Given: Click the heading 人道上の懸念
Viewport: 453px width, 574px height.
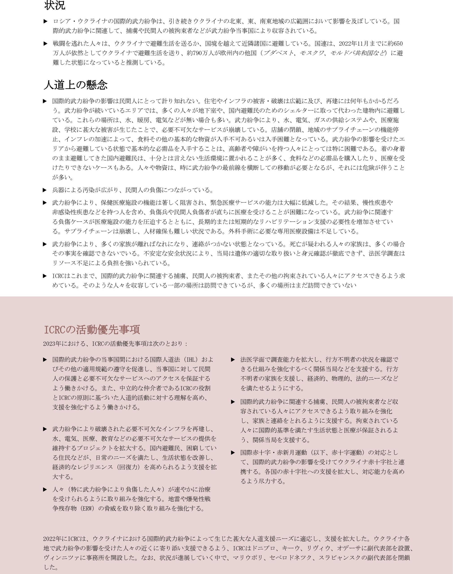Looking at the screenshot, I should pyautogui.click(x=75, y=85).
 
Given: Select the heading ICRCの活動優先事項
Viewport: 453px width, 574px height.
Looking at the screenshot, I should pyautogui.click(x=92, y=329).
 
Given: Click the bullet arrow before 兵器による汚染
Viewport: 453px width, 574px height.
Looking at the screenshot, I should pyautogui.click(x=45, y=190).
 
